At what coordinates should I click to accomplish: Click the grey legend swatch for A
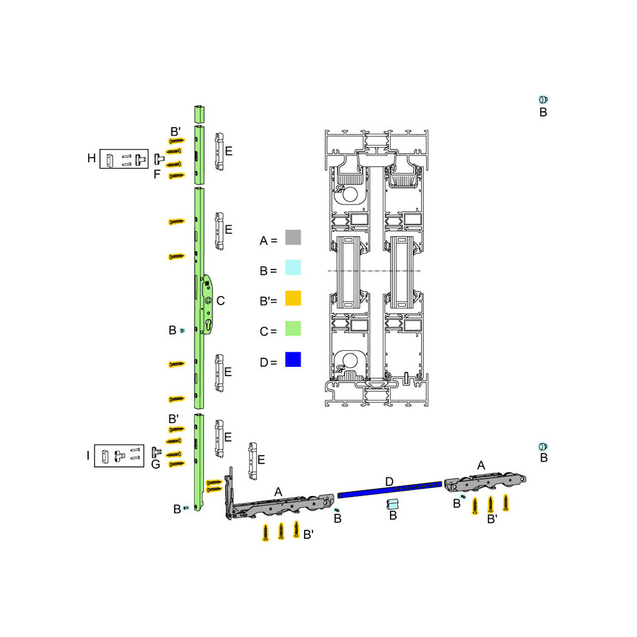click(x=293, y=237)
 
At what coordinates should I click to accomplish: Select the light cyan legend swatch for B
click(x=293, y=268)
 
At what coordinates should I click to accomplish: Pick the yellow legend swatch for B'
click(x=293, y=298)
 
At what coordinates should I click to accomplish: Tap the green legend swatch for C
click(x=293, y=328)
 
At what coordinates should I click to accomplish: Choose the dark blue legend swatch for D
click(x=293, y=360)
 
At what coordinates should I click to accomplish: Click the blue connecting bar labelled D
click(x=389, y=489)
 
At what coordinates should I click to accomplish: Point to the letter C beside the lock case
click(x=220, y=301)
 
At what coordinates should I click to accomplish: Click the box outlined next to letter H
click(x=124, y=159)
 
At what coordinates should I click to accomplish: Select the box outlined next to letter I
click(x=119, y=456)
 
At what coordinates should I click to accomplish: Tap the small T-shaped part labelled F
click(x=158, y=158)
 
